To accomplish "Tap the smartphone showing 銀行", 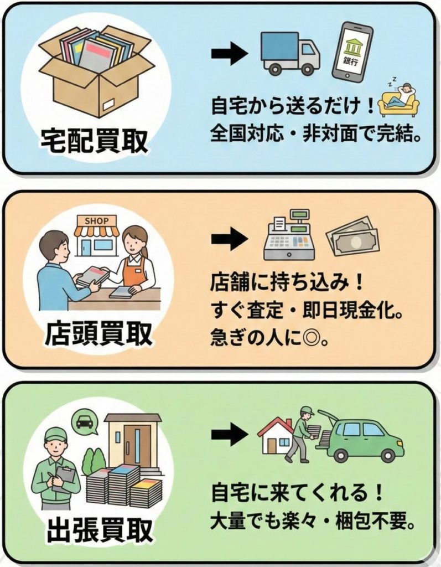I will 352,51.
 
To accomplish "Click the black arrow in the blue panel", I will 229,53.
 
